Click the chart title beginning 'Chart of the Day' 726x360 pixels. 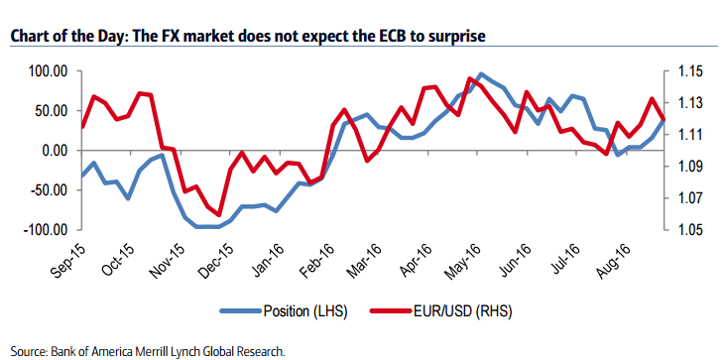coord(249,36)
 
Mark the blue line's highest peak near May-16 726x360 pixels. coord(481,74)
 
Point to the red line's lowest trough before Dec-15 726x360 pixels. coord(217,214)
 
